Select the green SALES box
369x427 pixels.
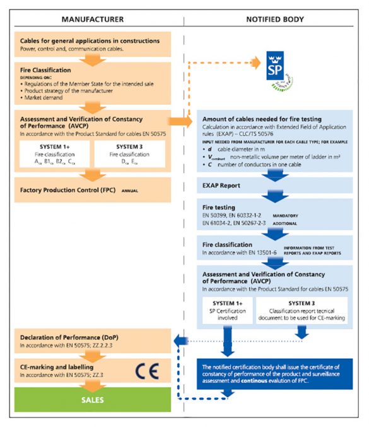93,399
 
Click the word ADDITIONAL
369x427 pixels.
298,224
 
